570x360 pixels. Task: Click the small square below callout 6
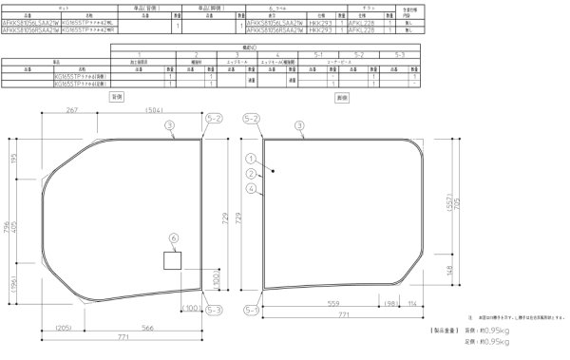click(x=173, y=259)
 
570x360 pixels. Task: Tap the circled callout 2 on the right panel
click(x=250, y=174)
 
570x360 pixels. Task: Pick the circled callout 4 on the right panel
click(x=250, y=189)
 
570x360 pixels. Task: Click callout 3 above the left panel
click(x=169, y=125)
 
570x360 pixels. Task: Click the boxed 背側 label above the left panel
click(x=118, y=97)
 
